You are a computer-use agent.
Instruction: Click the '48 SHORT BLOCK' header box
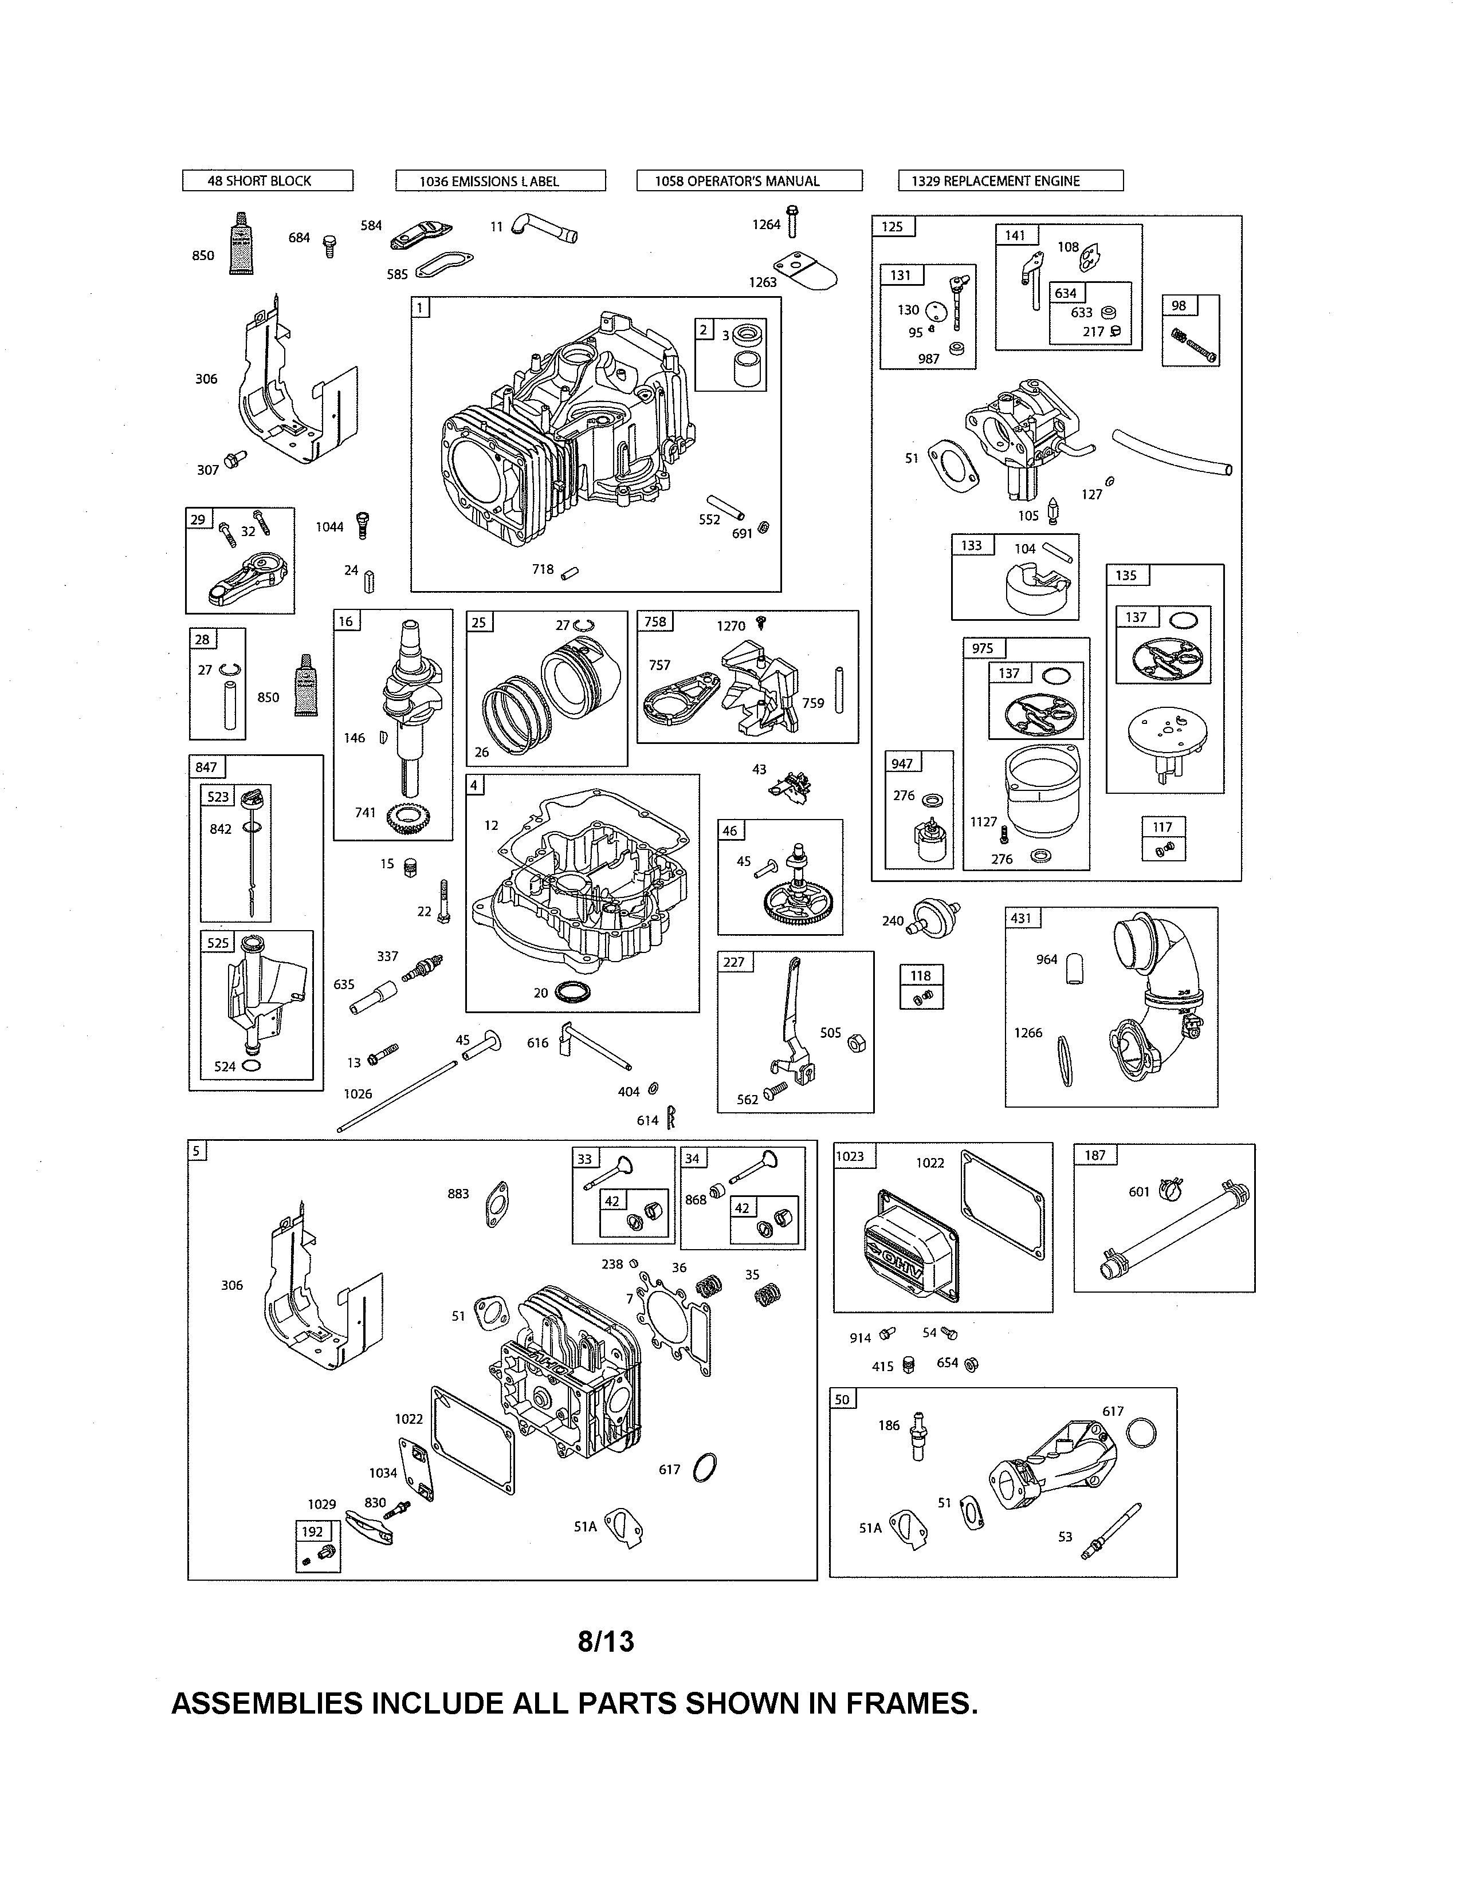pyautogui.click(x=268, y=181)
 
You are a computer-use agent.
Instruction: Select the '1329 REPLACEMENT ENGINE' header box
pyautogui.click(x=1010, y=181)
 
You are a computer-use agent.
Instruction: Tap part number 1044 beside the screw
pyautogui.click(x=329, y=527)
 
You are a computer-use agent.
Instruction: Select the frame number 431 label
pyautogui.click(x=1022, y=918)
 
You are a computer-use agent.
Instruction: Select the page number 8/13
pyautogui.click(x=606, y=1641)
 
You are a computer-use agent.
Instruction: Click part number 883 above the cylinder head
pyautogui.click(x=458, y=1194)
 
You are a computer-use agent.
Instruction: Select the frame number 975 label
pyautogui.click(x=983, y=649)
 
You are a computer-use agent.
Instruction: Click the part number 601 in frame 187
pyautogui.click(x=1138, y=1192)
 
